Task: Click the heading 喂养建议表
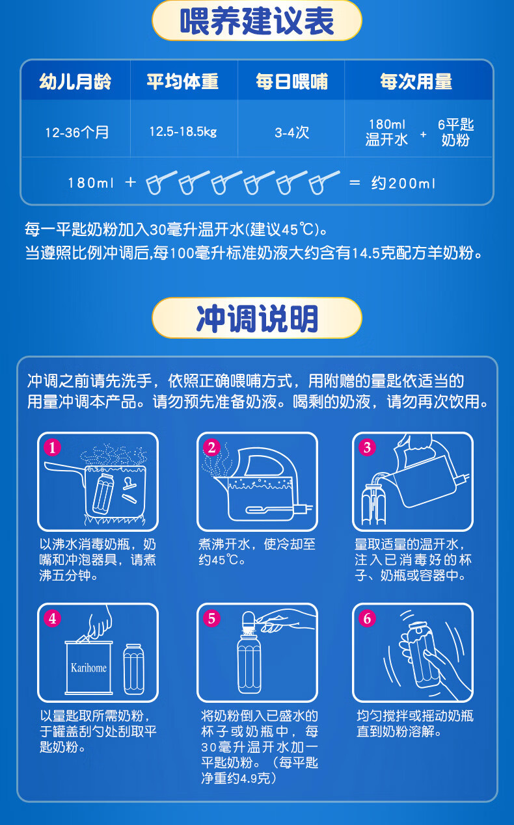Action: [x=256, y=21]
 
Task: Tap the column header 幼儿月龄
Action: [x=75, y=81]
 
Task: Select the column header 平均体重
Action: [x=183, y=81]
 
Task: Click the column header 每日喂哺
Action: [x=291, y=81]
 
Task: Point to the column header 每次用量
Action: [x=416, y=81]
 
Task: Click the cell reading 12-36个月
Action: [x=77, y=132]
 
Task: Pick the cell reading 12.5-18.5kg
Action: [x=183, y=131]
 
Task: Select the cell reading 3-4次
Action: [x=291, y=132]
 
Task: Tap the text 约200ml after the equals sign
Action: [x=403, y=183]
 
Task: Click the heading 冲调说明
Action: [x=257, y=319]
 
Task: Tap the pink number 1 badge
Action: [x=52, y=447]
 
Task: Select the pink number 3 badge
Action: [x=367, y=447]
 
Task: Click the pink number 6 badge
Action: [x=367, y=618]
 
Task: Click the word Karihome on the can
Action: [x=88, y=668]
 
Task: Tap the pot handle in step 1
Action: [x=64, y=467]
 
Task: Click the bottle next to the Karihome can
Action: [x=133, y=669]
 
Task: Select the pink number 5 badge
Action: [x=211, y=618]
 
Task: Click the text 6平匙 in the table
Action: [x=455, y=125]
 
